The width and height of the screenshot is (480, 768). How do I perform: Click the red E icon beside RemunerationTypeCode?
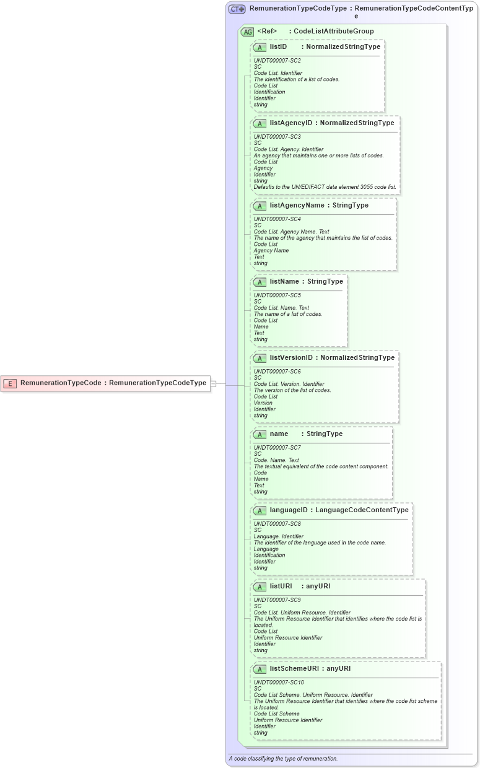point(10,383)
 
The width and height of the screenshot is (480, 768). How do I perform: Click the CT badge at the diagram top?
point(237,9)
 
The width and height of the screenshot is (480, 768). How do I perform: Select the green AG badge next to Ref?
point(247,32)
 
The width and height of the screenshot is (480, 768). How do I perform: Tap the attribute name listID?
point(278,46)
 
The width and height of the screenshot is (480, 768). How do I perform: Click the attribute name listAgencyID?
point(291,123)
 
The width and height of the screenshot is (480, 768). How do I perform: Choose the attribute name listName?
point(285,282)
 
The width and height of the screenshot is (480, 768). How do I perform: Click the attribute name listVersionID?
point(291,358)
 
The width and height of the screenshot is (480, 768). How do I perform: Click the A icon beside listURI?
point(260,587)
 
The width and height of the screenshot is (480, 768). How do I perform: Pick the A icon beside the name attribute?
point(260,434)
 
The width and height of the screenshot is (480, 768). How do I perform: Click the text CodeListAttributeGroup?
point(333,31)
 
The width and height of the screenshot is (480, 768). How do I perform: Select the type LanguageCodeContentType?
point(362,510)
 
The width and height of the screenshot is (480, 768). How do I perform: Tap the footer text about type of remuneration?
point(283,759)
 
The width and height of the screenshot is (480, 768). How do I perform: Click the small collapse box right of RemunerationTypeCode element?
point(213,383)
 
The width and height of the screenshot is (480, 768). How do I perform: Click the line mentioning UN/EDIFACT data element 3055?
point(325,187)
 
